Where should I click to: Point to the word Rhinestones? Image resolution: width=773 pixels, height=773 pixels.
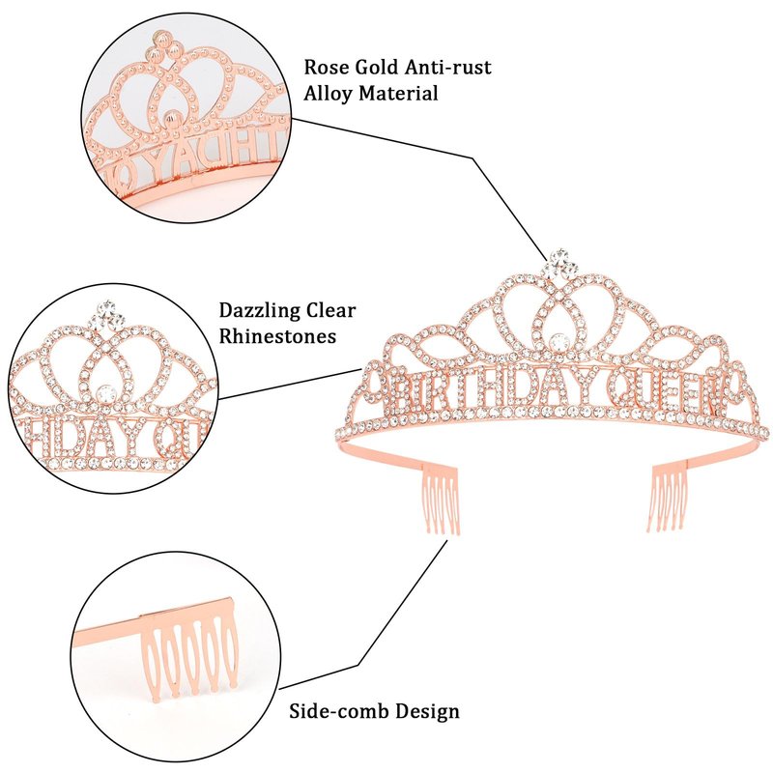point(277,336)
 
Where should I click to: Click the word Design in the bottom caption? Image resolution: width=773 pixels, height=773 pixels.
point(425,712)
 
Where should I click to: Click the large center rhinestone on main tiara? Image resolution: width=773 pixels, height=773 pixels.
point(558,339)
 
